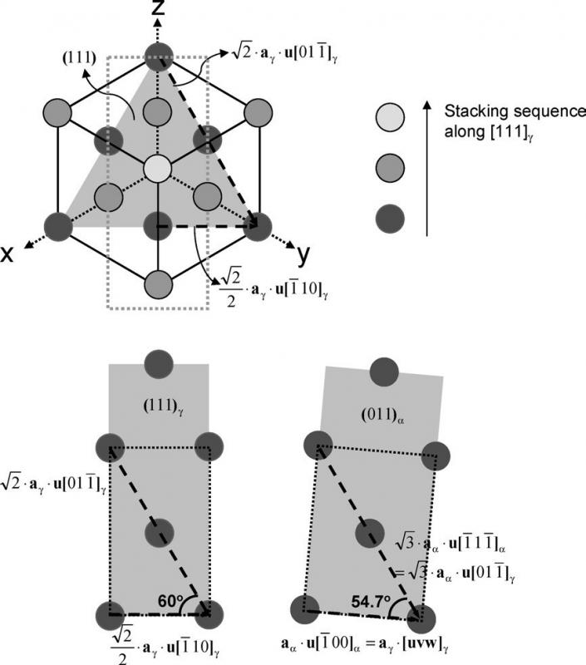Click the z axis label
(x=155, y=12)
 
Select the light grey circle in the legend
(x=391, y=117)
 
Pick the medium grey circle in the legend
(x=391, y=168)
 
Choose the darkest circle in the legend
(x=391, y=219)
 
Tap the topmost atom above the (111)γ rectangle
(x=158, y=363)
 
